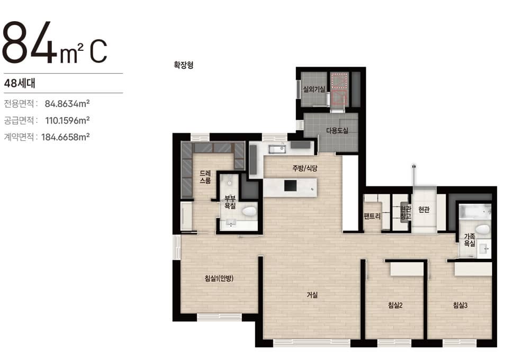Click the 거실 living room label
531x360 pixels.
pyautogui.click(x=312, y=295)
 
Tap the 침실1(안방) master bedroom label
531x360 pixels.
pyautogui.click(x=219, y=278)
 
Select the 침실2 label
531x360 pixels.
pyautogui.click(x=395, y=305)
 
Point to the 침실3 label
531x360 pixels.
pyautogui.click(x=460, y=305)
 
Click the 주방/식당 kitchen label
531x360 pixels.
pyautogui.click(x=305, y=168)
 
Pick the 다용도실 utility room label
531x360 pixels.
pyautogui.click(x=337, y=130)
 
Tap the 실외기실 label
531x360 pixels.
pyautogui.click(x=314, y=89)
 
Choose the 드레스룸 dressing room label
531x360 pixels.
pyautogui.click(x=205, y=177)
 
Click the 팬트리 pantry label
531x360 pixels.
pyautogui.click(x=372, y=215)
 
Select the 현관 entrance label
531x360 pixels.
pyautogui.click(x=424, y=210)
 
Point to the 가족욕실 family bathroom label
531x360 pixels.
pyautogui.click(x=470, y=240)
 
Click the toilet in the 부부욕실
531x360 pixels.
pyautogui.click(x=249, y=212)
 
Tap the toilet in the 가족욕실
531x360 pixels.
pyautogui.click(x=483, y=229)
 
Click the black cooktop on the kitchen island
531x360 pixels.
pyautogui.click(x=290, y=186)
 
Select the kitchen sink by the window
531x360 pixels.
pyautogui.click(x=277, y=149)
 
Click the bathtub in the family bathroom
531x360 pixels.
pyautogui.click(x=475, y=211)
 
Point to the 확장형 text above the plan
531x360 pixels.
pyautogui.click(x=184, y=65)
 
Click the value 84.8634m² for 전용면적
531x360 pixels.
pyautogui.click(x=67, y=103)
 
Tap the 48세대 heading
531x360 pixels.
pyautogui.click(x=20, y=83)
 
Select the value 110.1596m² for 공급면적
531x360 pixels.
pyautogui.click(x=67, y=120)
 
